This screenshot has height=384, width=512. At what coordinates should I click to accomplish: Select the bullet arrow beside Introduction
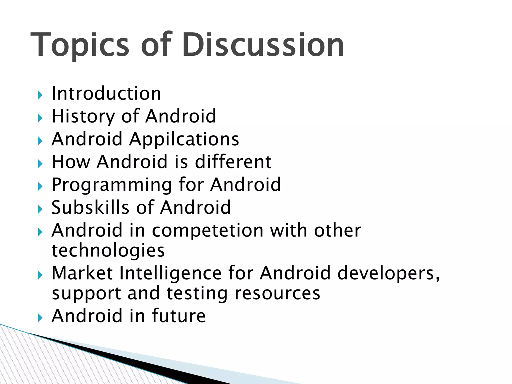[40, 95]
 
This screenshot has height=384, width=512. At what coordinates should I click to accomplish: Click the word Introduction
[106, 93]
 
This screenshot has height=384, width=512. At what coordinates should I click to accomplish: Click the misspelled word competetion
[207, 230]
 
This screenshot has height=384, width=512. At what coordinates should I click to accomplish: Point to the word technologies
[108, 251]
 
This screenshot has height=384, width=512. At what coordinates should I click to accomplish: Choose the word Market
[82, 273]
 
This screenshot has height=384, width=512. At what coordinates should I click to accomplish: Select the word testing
[197, 293]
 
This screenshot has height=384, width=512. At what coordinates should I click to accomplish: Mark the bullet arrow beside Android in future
[40, 318]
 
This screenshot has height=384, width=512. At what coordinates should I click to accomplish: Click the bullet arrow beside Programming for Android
[40, 187]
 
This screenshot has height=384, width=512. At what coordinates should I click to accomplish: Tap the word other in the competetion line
[337, 230]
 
